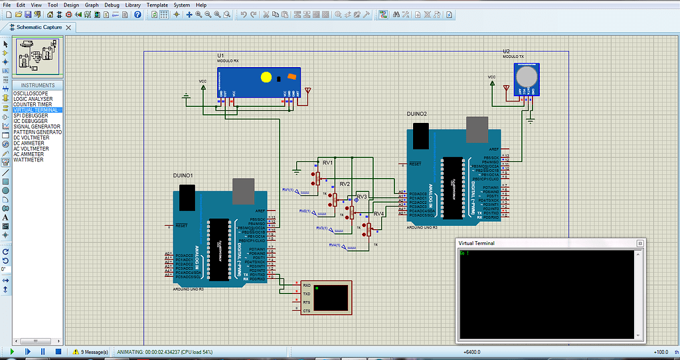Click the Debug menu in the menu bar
coord(111,5)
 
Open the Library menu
coord(133,5)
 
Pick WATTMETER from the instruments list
coord(29,160)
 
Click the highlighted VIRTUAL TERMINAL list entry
coord(37,110)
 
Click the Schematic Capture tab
coord(39,27)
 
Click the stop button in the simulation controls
coord(58,351)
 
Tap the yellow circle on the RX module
coord(266,77)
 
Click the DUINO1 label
coord(183,175)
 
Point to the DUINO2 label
coord(417,114)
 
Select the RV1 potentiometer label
coord(327,162)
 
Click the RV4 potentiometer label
coord(379,214)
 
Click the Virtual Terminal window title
coord(477,243)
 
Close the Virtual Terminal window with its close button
coord(639,243)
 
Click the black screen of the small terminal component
coord(332,297)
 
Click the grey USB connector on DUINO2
coord(476,130)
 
